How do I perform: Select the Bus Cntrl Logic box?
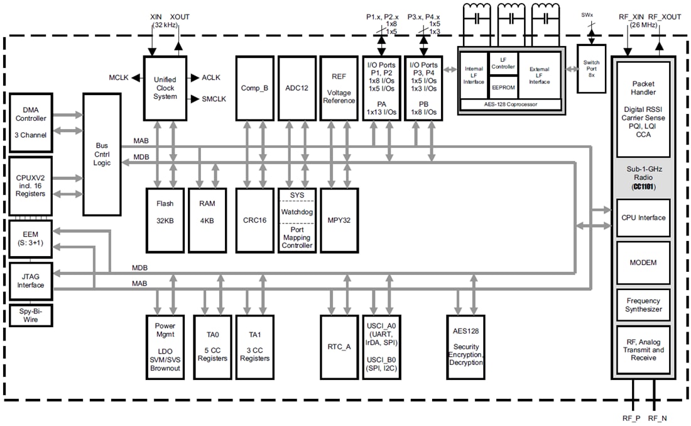pos(102,154)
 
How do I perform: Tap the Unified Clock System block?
pos(165,88)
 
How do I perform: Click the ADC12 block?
pos(297,88)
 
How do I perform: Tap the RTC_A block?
pos(339,347)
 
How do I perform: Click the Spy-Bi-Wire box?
pos(30,316)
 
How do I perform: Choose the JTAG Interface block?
pos(30,281)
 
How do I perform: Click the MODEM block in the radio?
pos(643,262)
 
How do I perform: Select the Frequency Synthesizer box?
pos(643,305)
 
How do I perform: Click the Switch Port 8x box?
pos(591,68)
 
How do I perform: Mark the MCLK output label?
pos(118,77)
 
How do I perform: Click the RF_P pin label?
pos(631,418)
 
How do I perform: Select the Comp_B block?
pos(255,88)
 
